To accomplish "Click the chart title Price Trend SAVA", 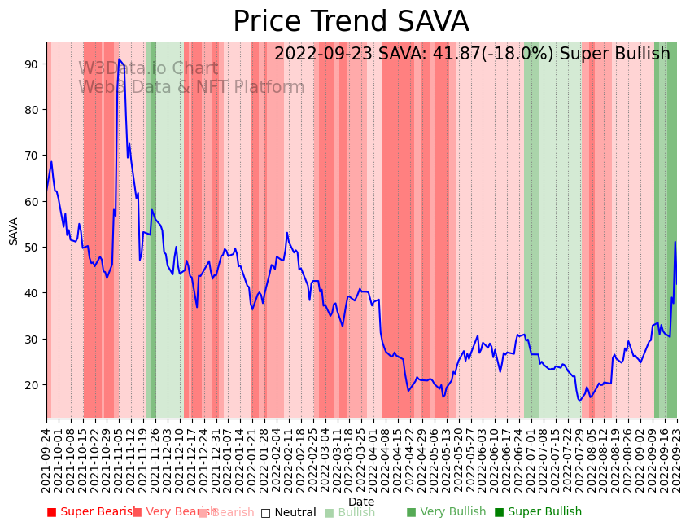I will [x=351, y=22].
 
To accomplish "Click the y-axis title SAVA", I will [x=14, y=231].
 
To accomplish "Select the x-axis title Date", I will [x=361, y=502].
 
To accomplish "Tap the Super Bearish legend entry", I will [x=91, y=512].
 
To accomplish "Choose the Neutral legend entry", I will [x=288, y=512].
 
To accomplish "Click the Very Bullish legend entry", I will [x=446, y=512].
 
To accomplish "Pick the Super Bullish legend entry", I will [x=538, y=512].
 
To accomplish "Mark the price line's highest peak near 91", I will [x=119, y=59].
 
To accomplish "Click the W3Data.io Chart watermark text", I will [x=148, y=69].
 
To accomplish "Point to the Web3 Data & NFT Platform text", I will [x=191, y=87].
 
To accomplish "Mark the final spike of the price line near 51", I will [x=675, y=242].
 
